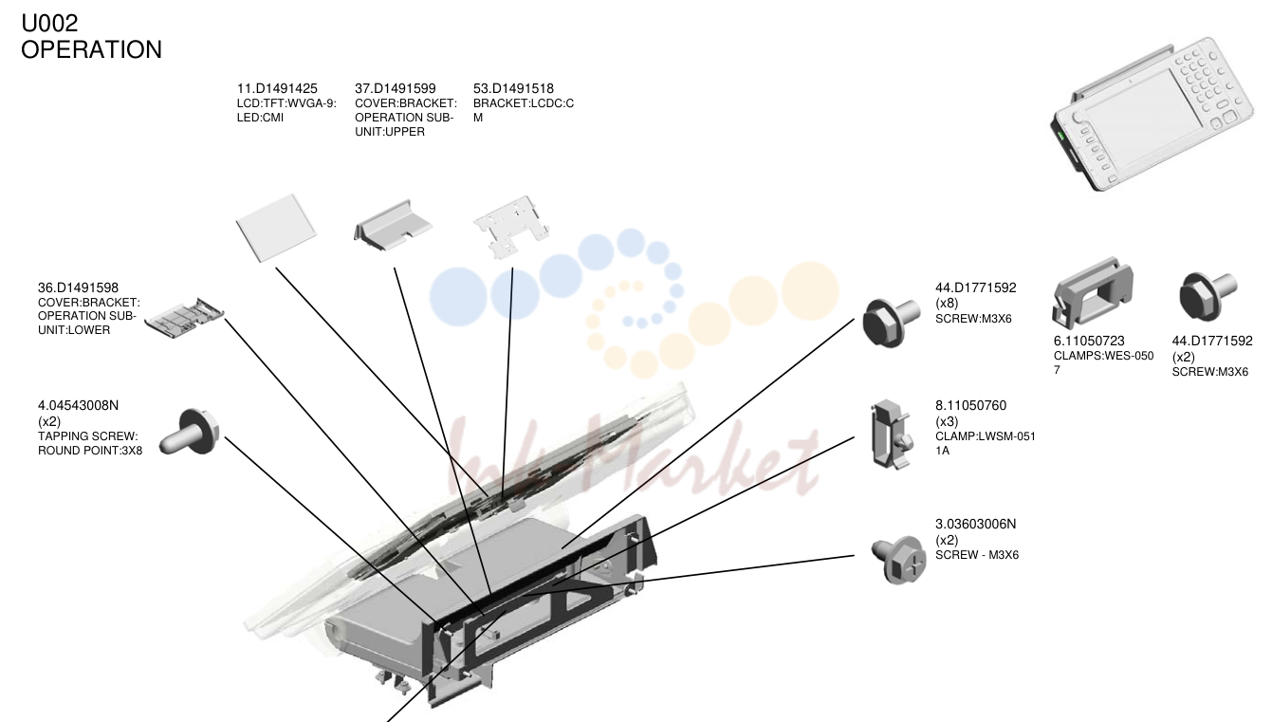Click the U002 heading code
point(49,24)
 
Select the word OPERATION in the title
point(91,50)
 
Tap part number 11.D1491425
point(277,88)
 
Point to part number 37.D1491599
point(396,88)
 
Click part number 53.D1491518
point(513,88)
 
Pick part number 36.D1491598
point(79,288)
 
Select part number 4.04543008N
point(79,406)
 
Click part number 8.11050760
point(971,406)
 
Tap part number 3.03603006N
point(975,524)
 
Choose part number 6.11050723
point(1089,341)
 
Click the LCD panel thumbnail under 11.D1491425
point(277,228)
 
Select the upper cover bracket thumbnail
point(393,225)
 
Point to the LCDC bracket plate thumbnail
point(511,227)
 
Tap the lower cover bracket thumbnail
point(184,318)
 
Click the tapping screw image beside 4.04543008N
point(190,432)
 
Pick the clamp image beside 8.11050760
point(891,435)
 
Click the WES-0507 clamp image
point(1092,292)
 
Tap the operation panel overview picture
point(1151,117)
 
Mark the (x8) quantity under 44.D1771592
point(947,304)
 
